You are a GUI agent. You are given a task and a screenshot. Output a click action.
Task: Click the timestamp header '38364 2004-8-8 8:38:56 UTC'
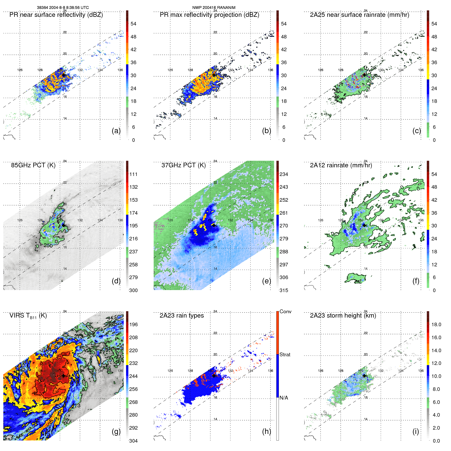click(x=63, y=8)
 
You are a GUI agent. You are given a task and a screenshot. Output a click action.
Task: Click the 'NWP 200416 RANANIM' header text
click(x=214, y=8)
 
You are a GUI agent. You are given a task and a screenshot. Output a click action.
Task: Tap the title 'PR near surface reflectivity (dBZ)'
click(x=56, y=15)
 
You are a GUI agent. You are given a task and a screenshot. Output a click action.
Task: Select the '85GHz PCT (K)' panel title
click(x=33, y=165)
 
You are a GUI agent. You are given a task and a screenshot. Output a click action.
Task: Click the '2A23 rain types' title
click(x=182, y=316)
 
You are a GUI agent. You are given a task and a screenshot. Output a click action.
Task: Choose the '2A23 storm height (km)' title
click(x=343, y=316)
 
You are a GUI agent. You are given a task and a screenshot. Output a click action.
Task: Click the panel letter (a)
click(x=116, y=131)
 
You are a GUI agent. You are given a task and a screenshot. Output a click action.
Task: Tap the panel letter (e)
click(x=266, y=281)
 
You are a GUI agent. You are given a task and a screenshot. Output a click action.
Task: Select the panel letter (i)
click(x=416, y=431)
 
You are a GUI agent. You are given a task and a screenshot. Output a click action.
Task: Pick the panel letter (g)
click(x=116, y=431)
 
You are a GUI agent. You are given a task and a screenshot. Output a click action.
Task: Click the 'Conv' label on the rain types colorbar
click(x=285, y=311)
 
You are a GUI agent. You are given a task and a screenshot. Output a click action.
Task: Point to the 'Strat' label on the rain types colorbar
click(x=285, y=354)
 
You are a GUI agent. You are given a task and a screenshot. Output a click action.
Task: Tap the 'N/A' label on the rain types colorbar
click(x=284, y=398)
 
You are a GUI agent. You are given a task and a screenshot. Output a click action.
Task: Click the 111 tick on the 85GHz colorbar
click(x=133, y=174)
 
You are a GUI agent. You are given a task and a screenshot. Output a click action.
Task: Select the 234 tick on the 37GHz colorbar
click(x=284, y=174)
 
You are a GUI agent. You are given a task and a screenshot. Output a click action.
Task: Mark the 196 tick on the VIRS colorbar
click(x=133, y=324)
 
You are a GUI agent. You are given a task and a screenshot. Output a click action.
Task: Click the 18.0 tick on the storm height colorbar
click(x=436, y=324)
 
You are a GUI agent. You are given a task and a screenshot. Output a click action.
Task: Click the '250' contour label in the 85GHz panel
click(x=48, y=245)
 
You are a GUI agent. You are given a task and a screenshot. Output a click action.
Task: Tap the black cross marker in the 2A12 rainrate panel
click(x=364, y=225)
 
